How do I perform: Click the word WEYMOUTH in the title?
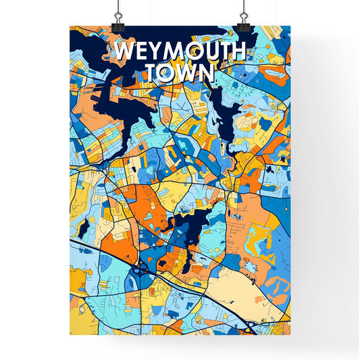pos(180,51)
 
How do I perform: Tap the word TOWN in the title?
pos(180,72)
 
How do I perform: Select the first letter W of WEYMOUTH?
pos(125,51)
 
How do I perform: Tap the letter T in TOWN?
pos(153,72)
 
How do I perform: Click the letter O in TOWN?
pos(168,72)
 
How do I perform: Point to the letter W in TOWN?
pos(187,72)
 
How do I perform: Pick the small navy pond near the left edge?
pos(82,230)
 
